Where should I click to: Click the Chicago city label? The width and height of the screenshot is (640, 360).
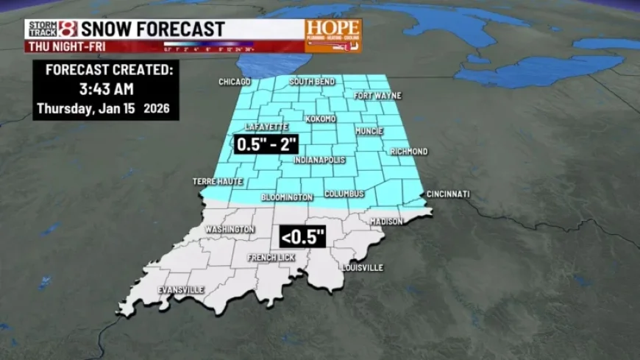pos(235,82)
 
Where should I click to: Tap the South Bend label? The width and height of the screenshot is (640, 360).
pos(313,81)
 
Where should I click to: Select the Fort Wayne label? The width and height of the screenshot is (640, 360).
pos(374,96)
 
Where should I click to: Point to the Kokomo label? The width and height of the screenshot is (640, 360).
pos(320,119)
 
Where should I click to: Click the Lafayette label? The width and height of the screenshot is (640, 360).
pos(266,127)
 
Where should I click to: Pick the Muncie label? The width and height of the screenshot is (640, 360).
pos(369,131)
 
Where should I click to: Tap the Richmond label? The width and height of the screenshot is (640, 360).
pos(408,152)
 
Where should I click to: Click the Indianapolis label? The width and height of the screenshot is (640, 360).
pos(320,160)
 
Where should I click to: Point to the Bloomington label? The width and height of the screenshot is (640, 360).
pos(287,197)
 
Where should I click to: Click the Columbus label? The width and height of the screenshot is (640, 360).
pos(344,194)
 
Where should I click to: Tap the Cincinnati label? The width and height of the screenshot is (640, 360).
pos(447,194)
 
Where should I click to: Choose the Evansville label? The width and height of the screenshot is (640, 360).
pos(181,290)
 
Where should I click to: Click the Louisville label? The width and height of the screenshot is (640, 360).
pos(362,268)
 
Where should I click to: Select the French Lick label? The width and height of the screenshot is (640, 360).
pos(271,258)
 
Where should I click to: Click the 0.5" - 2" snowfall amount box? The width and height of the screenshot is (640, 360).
pos(266,144)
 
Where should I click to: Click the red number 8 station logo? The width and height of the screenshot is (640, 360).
pos(68,29)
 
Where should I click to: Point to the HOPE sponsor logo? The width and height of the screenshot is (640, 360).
pos(333,35)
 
